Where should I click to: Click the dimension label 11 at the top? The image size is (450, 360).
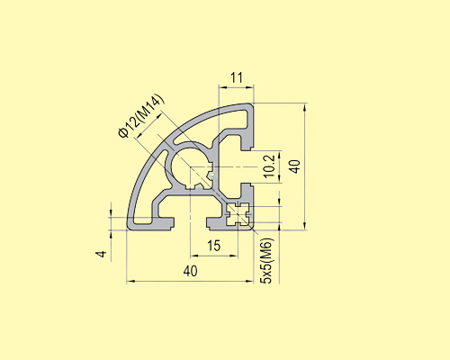pos(237,79)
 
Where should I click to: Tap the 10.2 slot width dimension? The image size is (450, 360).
pos(269,165)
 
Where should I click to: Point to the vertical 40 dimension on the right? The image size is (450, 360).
pos(293,165)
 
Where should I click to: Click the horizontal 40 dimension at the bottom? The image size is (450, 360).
pos(190,271)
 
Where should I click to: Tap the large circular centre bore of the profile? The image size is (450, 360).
pos(190,166)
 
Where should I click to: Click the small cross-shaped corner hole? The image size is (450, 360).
pos(238,215)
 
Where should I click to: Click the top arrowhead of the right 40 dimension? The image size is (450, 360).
pos(305,106)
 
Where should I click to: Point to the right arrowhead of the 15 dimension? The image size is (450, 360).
pos(236,256)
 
